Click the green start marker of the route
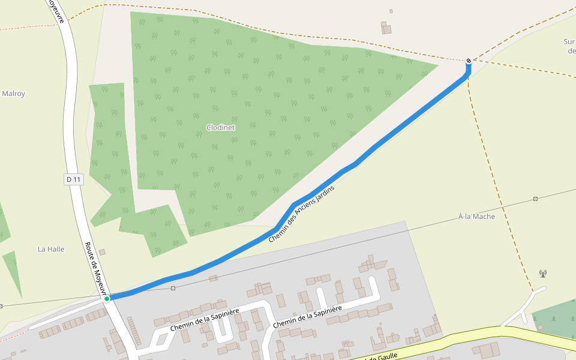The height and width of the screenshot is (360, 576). click(x=107, y=298)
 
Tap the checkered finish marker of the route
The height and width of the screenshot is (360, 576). click(x=469, y=61)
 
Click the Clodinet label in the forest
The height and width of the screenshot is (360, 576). click(x=220, y=128)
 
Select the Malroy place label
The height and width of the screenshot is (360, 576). click(x=13, y=94)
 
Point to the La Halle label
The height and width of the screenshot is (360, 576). click(x=51, y=249)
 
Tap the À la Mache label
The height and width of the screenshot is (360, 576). click(x=476, y=217)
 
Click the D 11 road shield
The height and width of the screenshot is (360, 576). click(x=73, y=179)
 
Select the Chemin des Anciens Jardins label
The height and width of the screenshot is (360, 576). click(x=301, y=214)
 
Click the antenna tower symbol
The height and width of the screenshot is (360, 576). click(x=543, y=274)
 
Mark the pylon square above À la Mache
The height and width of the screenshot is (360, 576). click(x=535, y=199)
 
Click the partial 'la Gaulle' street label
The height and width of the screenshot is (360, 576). click(x=381, y=357)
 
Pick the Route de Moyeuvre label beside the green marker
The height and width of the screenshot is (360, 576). click(x=94, y=264)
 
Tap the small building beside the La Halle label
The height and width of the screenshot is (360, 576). click(x=102, y=252)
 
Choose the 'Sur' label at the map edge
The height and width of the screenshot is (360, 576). click(x=569, y=42)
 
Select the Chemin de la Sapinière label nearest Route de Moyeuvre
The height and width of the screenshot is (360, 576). click(x=204, y=320)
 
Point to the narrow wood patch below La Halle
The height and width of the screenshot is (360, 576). click(x=13, y=273)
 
